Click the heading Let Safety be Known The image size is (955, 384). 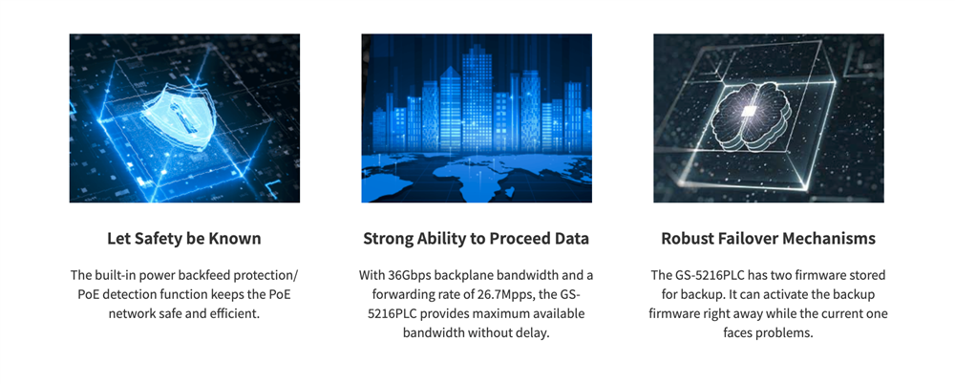point(184,238)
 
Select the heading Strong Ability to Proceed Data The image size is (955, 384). point(477,238)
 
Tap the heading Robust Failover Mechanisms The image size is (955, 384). point(769,238)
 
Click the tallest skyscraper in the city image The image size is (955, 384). point(477,97)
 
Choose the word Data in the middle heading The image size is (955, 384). point(572,238)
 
